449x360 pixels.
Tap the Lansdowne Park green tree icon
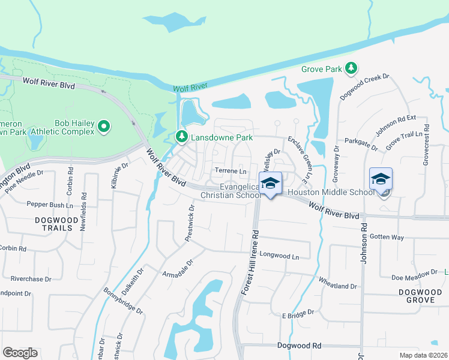click(181, 137)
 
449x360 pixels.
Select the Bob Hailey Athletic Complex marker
click(104, 127)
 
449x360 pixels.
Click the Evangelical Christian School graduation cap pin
click(270, 183)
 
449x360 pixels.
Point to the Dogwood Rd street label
click(300, 346)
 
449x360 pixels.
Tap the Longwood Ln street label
click(279, 256)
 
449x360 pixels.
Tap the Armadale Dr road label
click(178, 268)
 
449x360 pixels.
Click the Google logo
click(20, 353)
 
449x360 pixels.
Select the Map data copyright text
click(423, 355)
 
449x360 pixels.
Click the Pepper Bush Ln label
click(49, 204)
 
